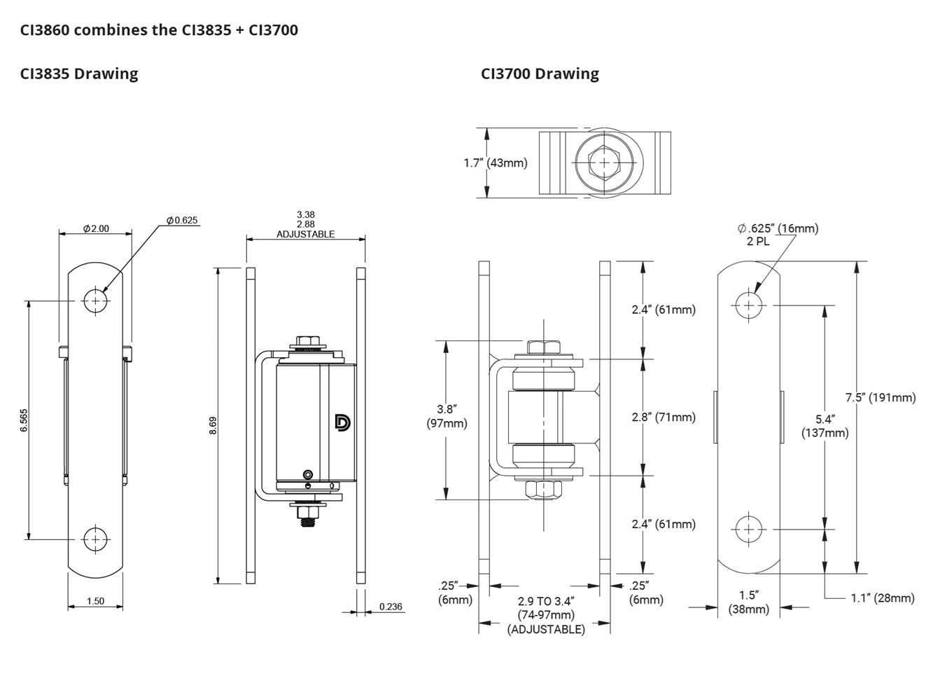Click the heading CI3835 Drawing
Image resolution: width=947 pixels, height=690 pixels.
79,74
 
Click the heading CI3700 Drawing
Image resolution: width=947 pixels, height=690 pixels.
540,74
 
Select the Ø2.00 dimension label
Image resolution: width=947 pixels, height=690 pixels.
96,228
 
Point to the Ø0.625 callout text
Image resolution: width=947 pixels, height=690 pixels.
182,220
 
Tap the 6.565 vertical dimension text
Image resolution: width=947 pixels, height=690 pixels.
24,420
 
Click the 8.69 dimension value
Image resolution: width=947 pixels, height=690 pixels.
213,425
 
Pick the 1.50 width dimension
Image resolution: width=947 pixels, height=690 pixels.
95,601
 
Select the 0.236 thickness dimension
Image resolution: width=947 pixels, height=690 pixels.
391,607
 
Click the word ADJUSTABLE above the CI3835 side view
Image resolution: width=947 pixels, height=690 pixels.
305,234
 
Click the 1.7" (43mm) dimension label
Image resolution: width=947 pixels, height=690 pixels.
496,163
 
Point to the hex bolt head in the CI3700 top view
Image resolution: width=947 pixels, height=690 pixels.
603,163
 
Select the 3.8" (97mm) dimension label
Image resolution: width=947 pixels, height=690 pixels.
447,416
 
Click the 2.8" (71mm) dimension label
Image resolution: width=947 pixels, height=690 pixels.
664,418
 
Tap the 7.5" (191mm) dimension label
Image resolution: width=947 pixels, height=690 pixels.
881,398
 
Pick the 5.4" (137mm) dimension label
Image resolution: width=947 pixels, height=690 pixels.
825,426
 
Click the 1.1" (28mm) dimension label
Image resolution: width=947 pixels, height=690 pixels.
883,598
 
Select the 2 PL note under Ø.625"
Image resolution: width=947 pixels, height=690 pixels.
758,242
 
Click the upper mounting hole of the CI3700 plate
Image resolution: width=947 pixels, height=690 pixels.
749,305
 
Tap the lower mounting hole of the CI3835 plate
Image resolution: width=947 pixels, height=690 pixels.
96,539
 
